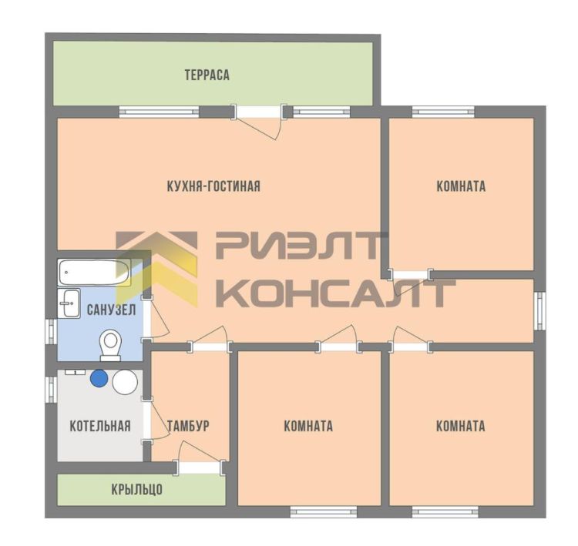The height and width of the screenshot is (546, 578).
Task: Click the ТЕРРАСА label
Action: [207, 75]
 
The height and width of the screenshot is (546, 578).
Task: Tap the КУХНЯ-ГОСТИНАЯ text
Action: [213, 186]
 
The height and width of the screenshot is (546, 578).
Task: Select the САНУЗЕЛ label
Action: [111, 310]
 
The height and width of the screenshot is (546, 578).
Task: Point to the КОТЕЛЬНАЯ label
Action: [100, 426]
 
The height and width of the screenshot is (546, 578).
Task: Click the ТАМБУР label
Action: [188, 426]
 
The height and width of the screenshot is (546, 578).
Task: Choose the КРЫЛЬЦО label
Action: [136, 489]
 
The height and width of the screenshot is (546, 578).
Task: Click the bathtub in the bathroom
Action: [94, 273]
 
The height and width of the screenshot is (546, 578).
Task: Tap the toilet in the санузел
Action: [110, 345]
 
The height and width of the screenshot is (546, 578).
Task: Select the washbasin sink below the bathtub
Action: [69, 303]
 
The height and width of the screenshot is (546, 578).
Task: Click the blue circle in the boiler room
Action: [99, 378]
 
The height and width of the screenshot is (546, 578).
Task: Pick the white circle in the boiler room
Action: [125, 382]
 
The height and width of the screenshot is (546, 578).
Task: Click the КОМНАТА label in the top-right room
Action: [461, 186]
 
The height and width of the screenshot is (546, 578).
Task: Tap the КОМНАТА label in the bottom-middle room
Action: [308, 426]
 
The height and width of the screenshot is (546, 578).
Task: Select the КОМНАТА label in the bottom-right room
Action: [460, 426]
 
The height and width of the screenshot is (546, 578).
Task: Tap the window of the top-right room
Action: [443, 112]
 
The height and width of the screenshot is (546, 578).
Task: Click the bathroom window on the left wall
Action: [51, 332]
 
